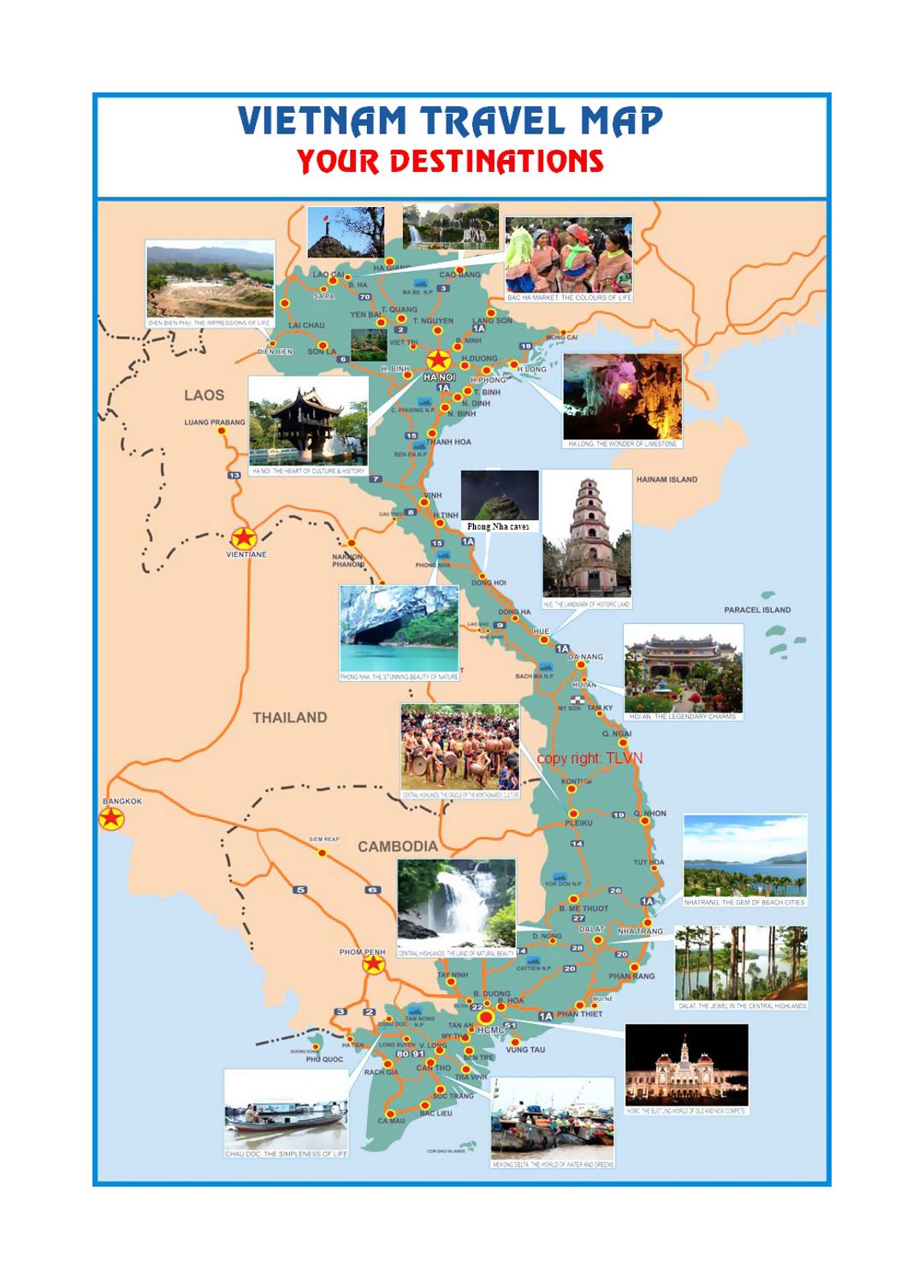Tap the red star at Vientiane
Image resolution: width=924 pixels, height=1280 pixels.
pos(244,538)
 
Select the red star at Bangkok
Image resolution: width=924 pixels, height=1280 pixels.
pos(110,819)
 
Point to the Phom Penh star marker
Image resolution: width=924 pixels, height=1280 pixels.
pos(373,964)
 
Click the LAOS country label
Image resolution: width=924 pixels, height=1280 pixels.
pos(204,395)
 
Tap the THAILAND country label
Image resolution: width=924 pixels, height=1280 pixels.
pos(289,718)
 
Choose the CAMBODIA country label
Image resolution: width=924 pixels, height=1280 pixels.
pos(397,846)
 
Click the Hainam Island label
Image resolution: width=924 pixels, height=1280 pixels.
pos(666,480)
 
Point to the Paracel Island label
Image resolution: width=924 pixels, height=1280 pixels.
pos(757,610)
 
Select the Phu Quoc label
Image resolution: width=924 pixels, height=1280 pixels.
pos(324,1059)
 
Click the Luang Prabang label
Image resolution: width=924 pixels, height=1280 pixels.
pos(214,423)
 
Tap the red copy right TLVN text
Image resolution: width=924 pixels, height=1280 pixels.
pos(589,758)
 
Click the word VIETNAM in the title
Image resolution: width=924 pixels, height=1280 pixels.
pos(323,121)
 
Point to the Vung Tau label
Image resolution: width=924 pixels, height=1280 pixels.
pos(524,1049)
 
